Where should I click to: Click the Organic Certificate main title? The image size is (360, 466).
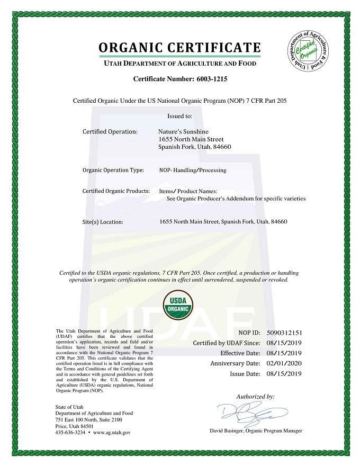pyautogui.click(x=179, y=47)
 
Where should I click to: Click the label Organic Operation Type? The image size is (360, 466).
pyautogui.click(x=113, y=170)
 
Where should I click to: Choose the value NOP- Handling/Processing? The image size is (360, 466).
pyautogui.click(x=193, y=170)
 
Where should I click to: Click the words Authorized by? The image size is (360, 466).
pyautogui.click(x=255, y=396)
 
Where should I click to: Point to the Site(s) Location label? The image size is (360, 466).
pyautogui.click(x=103, y=222)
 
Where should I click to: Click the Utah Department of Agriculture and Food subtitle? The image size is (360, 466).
pyautogui.click(x=179, y=64)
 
